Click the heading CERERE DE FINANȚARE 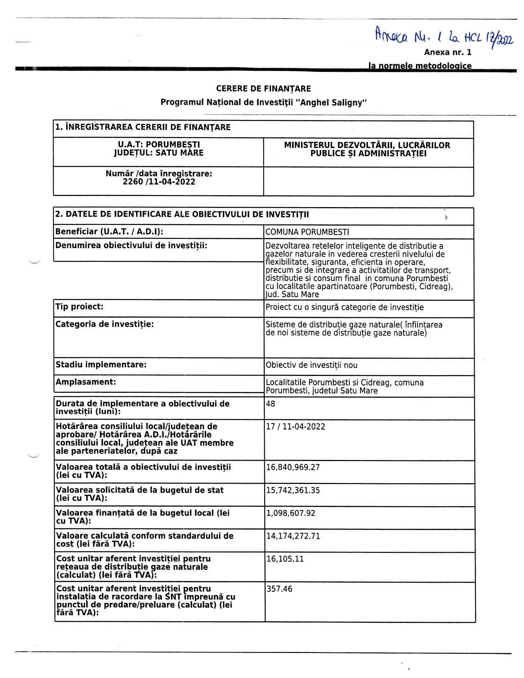(x=263, y=89)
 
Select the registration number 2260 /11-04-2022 (x=159, y=182)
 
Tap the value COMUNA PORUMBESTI (x=307, y=232)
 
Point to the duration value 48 (x=270, y=404)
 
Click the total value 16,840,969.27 (x=293, y=468)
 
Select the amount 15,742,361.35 (x=293, y=491)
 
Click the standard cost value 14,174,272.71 (x=293, y=536)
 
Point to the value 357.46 (x=279, y=589)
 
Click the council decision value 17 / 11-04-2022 (x=295, y=427)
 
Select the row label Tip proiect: (x=79, y=307)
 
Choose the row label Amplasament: (x=85, y=382)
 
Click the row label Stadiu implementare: (x=101, y=365)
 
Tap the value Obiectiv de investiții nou (x=312, y=365)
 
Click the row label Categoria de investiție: (x=104, y=324)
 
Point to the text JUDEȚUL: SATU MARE (x=159, y=153)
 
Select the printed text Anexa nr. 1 (x=448, y=53)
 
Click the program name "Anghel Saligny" (x=332, y=102)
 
